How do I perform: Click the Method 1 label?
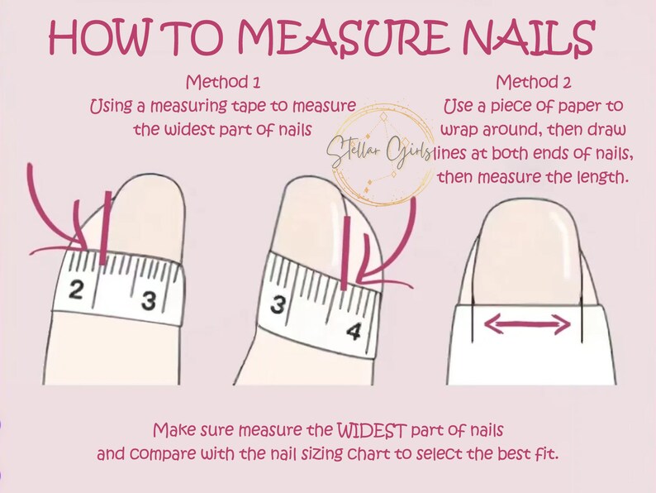coord(222,83)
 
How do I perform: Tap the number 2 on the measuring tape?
coord(75,290)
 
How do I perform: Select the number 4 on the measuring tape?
coord(354,332)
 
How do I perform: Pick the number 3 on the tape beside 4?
coord(279,304)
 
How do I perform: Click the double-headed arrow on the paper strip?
coord(527,325)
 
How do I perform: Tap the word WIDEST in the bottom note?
coord(373,431)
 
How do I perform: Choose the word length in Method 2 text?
coord(591,176)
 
